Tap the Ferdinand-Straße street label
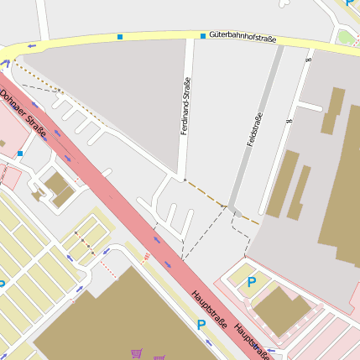[x=185, y=107]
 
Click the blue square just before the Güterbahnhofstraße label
[x=202, y=36]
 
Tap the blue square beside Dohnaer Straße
[x=20, y=154]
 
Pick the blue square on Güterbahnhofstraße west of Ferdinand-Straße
[x=120, y=37]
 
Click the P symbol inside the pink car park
[x=251, y=282]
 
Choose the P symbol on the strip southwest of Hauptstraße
[x=201, y=324]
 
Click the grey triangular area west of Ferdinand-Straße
[x=126, y=92]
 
